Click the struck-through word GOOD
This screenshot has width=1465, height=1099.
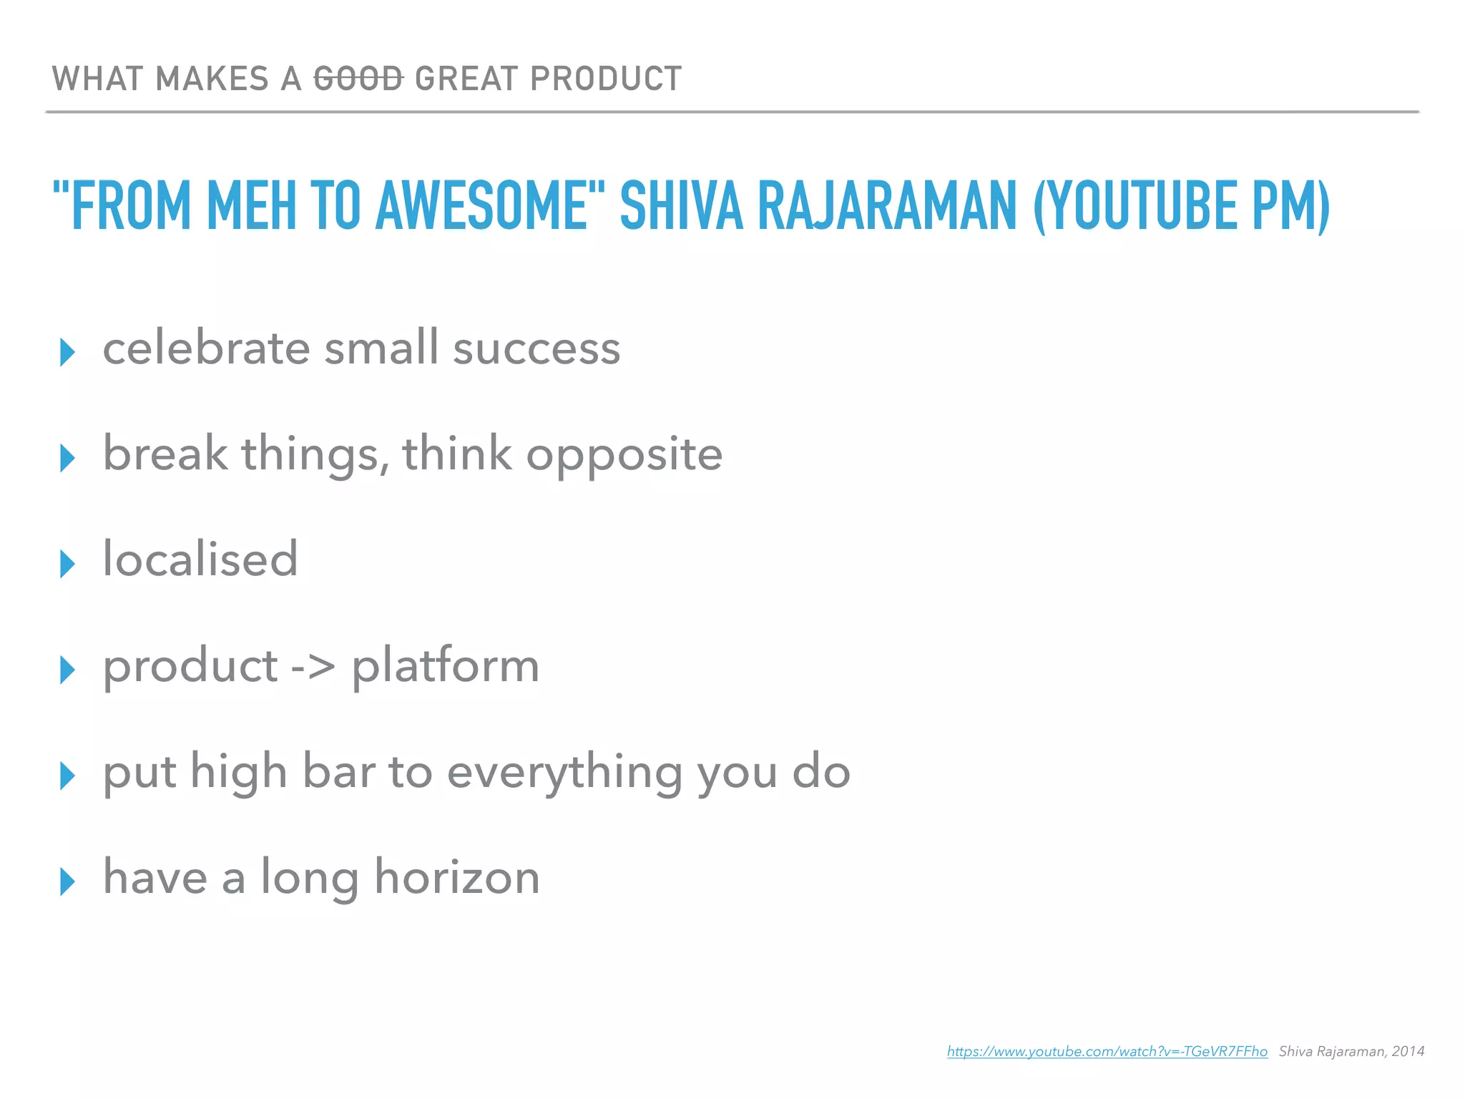[x=358, y=79]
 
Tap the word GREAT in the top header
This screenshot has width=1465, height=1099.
[x=466, y=79]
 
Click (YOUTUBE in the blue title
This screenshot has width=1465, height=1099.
[x=1135, y=207]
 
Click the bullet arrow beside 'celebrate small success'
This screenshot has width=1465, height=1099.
[x=68, y=352]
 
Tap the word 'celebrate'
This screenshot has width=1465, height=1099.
[x=207, y=348]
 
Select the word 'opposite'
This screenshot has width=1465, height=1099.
[x=624, y=456]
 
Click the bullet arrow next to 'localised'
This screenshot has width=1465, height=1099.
[x=68, y=564]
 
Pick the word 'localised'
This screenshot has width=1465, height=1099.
[x=200, y=559]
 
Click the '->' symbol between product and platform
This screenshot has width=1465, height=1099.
[x=313, y=666]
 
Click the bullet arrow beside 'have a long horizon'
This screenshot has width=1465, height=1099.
[x=68, y=881]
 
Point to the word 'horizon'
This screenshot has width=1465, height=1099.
[x=457, y=877]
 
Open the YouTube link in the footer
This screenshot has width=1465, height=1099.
[x=1107, y=1051]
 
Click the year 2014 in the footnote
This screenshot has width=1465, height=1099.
[x=1408, y=1051]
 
